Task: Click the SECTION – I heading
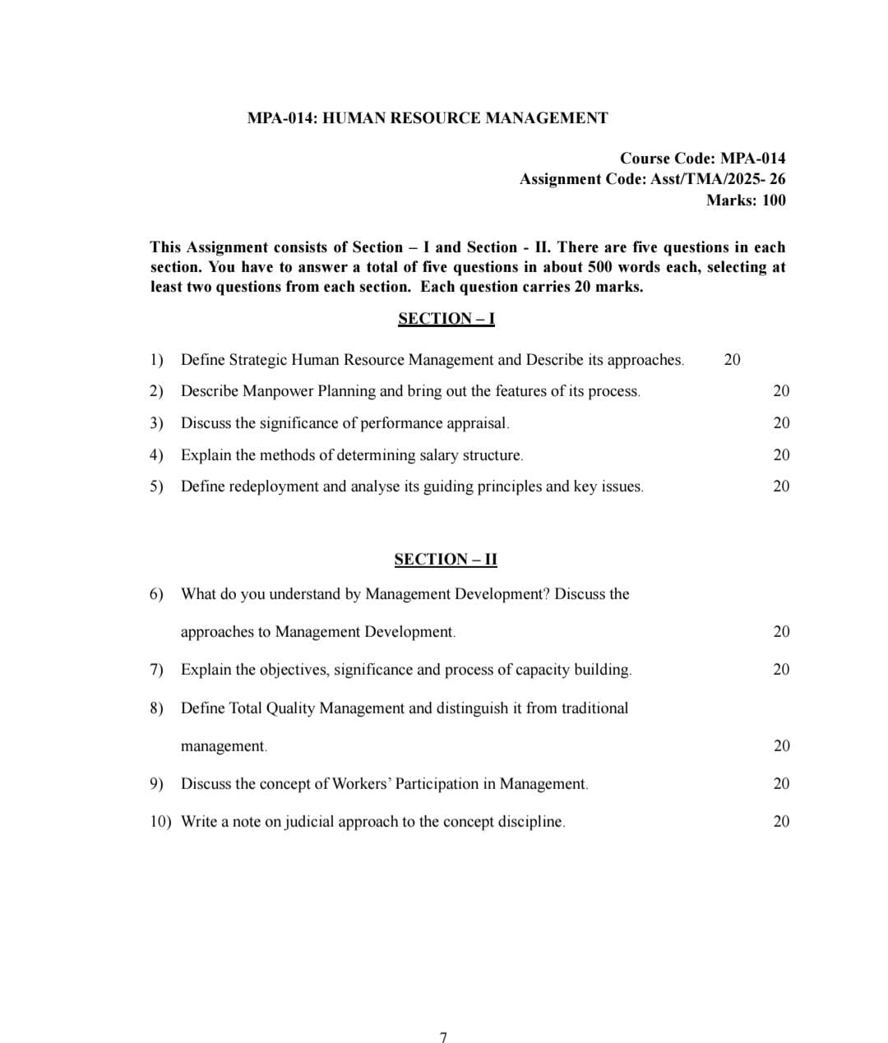(446, 319)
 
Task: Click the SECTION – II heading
(446, 560)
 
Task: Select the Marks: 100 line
(746, 200)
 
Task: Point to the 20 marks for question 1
(732, 359)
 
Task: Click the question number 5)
(157, 487)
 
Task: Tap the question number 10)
(160, 821)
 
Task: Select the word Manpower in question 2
(278, 391)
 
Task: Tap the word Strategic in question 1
(258, 360)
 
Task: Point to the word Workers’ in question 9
(362, 783)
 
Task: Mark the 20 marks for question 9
(781, 783)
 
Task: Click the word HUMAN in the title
(353, 118)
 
